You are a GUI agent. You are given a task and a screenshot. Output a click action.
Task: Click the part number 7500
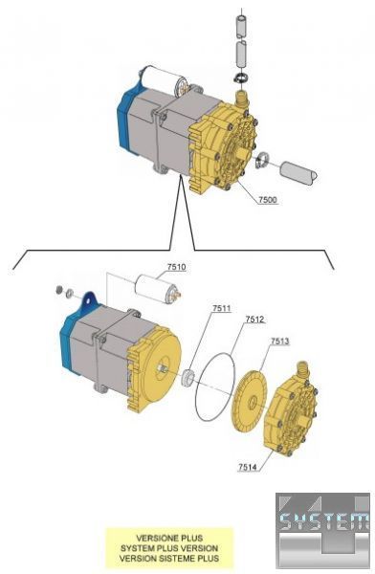point(268,200)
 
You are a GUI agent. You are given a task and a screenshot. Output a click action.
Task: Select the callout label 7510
point(177,267)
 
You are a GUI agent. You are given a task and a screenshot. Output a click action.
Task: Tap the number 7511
point(222,308)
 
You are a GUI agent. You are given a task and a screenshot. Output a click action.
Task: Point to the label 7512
point(254,320)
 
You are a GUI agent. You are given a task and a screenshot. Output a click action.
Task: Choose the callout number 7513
point(279,342)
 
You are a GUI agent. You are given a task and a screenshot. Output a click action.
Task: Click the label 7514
point(248,467)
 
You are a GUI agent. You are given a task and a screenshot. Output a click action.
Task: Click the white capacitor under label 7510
point(158,290)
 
